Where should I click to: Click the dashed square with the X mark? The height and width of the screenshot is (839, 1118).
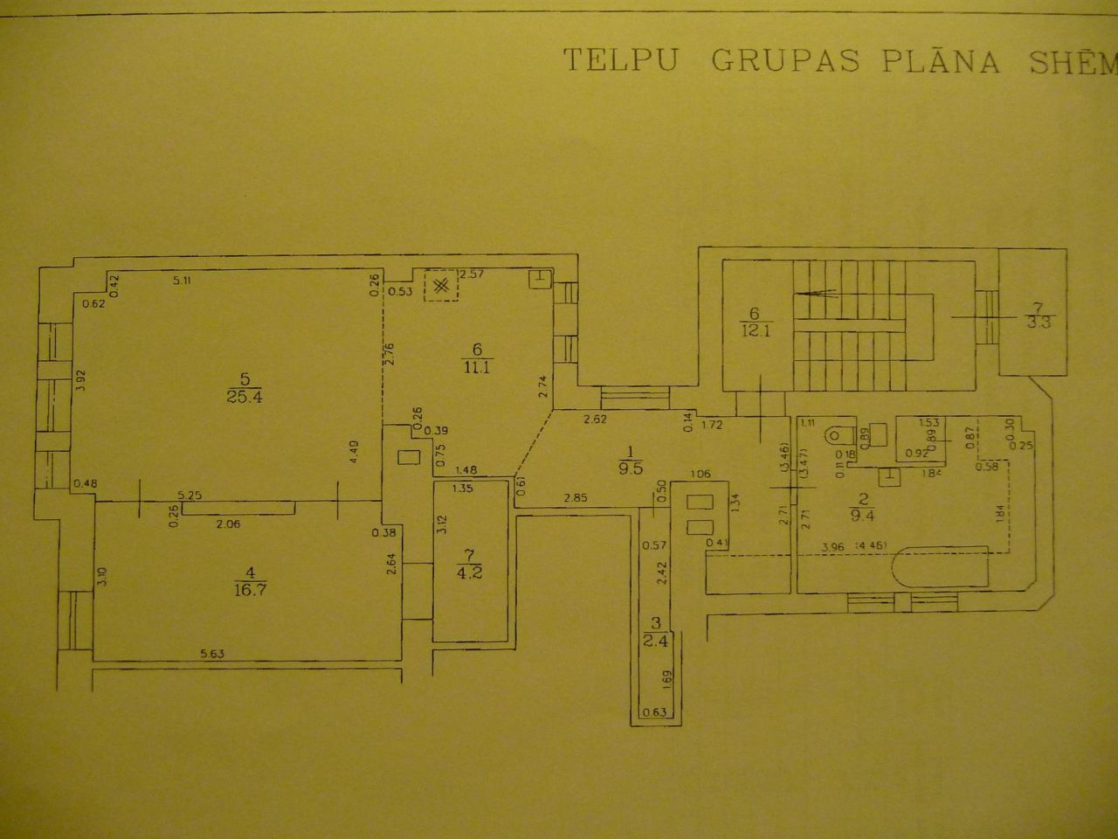click(441, 285)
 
